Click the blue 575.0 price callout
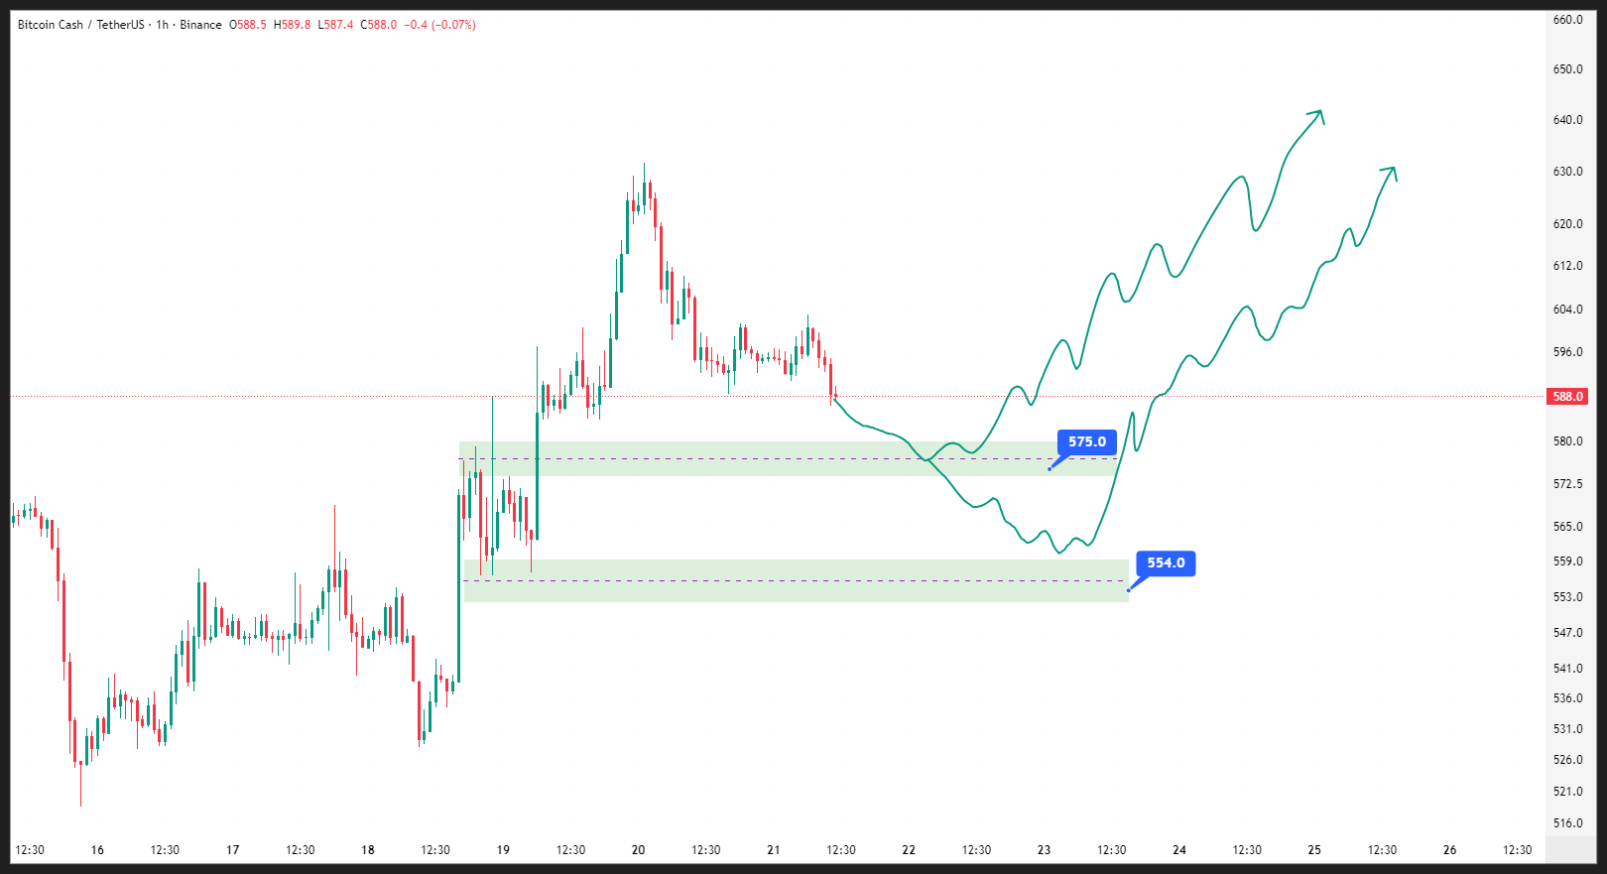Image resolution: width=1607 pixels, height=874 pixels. tap(1087, 442)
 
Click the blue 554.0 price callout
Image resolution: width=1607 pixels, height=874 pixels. tap(1166, 563)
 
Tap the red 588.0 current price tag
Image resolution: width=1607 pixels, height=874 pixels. tap(1568, 397)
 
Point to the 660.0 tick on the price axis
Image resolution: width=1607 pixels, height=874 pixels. tap(1568, 20)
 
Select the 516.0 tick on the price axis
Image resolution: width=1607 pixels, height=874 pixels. tap(1568, 823)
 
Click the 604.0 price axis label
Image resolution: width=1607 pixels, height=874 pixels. tap(1568, 310)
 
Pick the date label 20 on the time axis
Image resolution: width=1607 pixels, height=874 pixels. tap(639, 850)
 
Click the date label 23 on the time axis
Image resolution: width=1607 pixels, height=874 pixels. tap(1044, 850)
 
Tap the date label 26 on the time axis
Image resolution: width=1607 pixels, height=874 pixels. tap(1449, 850)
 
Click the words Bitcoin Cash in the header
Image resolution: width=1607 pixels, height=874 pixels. tap(51, 25)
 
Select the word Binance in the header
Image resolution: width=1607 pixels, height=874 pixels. tap(200, 25)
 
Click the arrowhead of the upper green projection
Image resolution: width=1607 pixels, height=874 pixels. tap(1320, 113)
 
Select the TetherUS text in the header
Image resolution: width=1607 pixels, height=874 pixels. tap(120, 25)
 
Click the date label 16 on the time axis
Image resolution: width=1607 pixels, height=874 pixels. tap(97, 850)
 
